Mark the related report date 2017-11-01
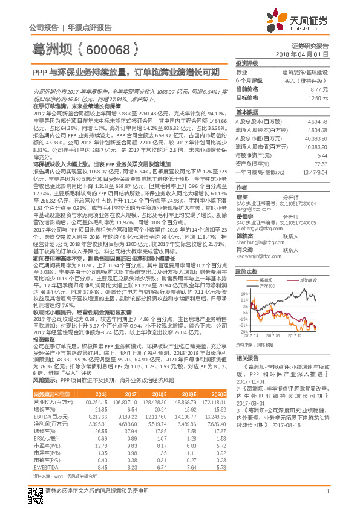coord(253,382)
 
